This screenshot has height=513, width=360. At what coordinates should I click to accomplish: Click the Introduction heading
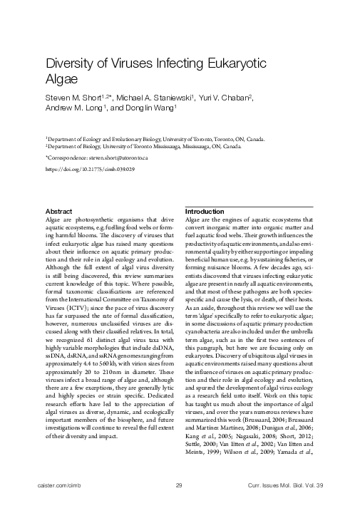click(205, 212)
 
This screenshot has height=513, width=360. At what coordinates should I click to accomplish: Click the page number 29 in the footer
click(179, 486)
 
